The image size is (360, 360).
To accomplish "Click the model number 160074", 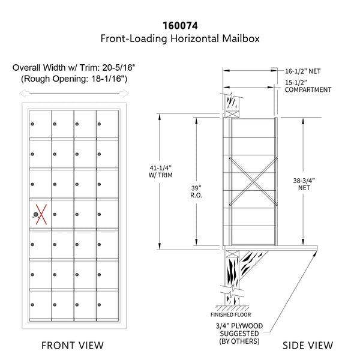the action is (x=180, y=25).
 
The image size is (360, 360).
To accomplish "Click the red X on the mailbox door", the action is (x=41, y=214).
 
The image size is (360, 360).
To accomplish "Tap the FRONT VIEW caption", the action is (x=73, y=346).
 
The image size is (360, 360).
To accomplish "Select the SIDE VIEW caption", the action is (x=308, y=346).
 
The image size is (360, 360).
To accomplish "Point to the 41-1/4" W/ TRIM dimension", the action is (x=160, y=171).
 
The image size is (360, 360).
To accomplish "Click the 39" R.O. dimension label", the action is (x=196, y=191).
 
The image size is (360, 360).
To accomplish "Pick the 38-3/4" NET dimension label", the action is (x=304, y=184).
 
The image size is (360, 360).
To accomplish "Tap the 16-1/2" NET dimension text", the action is (x=302, y=71).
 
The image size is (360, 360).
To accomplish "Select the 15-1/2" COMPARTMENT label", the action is (x=308, y=86).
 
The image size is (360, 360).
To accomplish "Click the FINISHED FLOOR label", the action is (x=231, y=314).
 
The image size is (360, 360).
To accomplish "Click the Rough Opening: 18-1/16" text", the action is (x=74, y=79).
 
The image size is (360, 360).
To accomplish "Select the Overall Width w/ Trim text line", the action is (x=74, y=67).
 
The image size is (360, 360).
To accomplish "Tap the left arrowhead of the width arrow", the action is (x=24, y=93).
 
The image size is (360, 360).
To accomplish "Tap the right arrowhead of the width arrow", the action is (x=124, y=93).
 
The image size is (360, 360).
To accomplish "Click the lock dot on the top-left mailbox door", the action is (x=32, y=124).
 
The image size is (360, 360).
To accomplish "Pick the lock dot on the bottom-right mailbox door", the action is (x=99, y=305).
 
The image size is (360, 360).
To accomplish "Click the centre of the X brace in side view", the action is (x=253, y=181).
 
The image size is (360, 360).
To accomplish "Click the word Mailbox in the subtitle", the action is (x=241, y=38).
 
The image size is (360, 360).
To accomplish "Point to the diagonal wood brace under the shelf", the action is (x=253, y=264).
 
